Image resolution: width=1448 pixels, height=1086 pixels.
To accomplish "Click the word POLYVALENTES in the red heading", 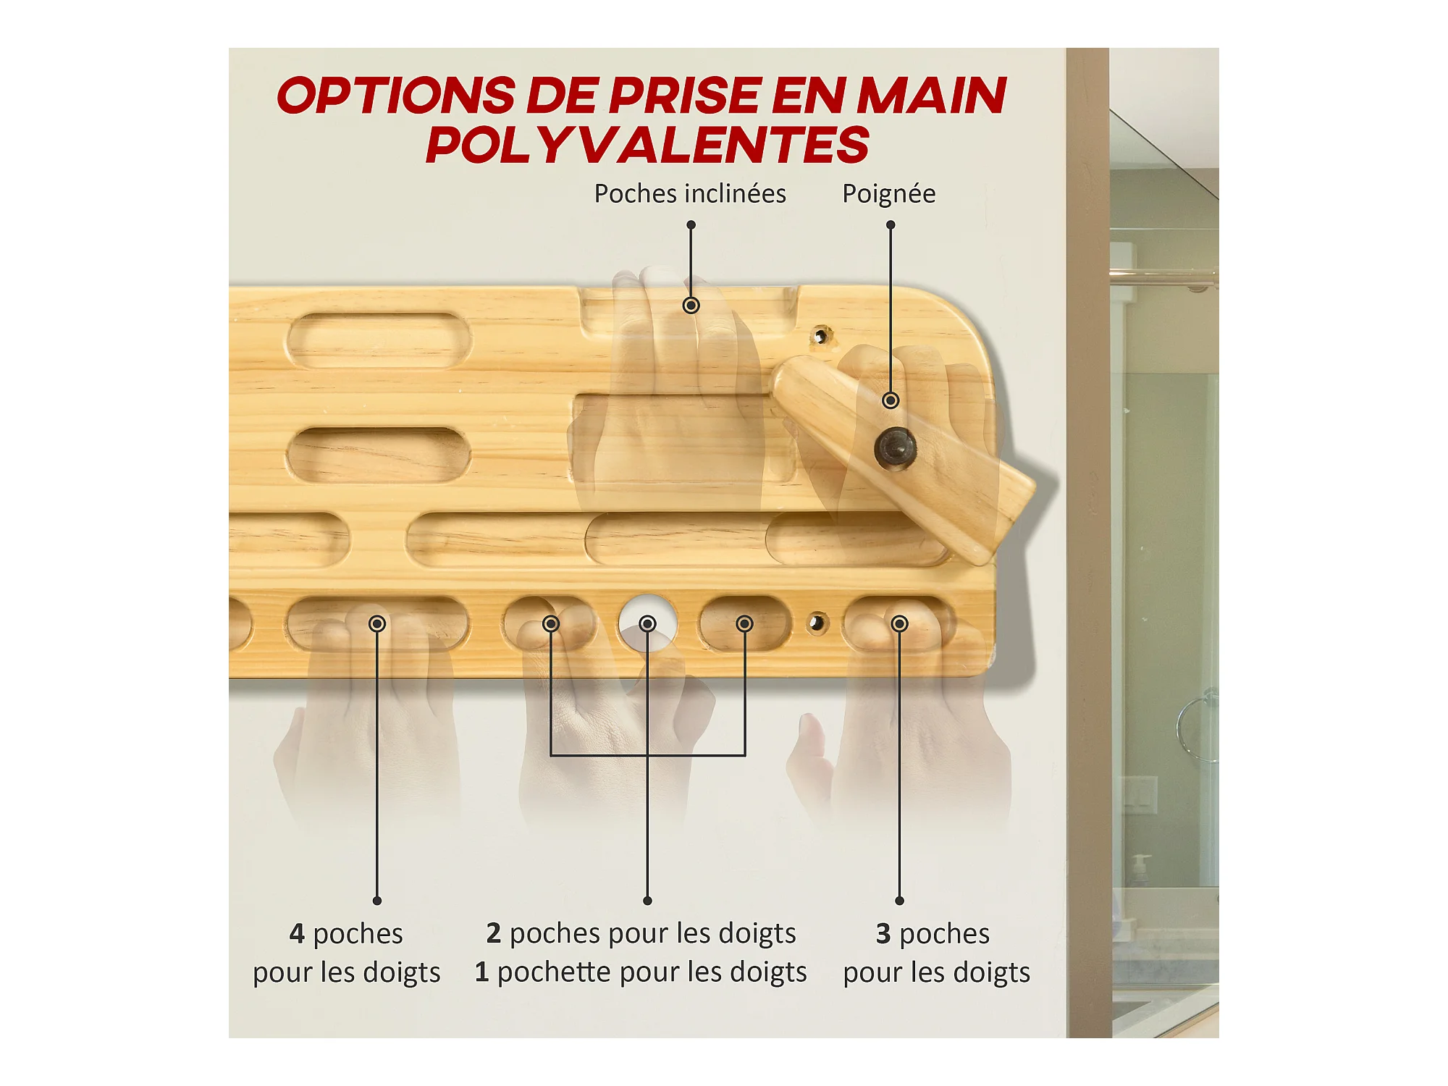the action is [647, 145].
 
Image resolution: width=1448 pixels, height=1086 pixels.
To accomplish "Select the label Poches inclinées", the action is [690, 194].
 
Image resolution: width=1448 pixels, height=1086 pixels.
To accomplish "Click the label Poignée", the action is [888, 194].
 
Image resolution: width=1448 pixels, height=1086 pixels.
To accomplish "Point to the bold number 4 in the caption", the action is [297, 933].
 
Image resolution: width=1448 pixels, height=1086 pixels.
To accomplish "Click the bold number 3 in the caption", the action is [883, 933].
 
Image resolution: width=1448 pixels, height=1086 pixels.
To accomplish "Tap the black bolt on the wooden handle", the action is [896, 448].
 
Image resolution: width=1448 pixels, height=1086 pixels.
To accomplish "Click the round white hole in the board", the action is [647, 623].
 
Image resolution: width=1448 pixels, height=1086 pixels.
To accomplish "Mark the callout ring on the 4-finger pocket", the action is [377, 623].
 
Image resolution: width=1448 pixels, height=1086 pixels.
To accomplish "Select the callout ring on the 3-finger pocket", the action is [899, 623].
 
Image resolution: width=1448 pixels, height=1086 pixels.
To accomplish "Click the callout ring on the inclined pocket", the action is [691, 306].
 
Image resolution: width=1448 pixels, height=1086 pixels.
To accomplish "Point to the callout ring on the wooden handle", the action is [891, 400].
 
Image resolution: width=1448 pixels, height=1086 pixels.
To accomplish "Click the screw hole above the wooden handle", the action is [820, 337].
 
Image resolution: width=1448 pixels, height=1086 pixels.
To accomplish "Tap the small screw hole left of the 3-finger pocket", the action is [817, 623].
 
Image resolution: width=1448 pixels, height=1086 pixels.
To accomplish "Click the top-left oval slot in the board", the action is [379, 340].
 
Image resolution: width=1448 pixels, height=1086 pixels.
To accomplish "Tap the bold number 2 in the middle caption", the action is [494, 933].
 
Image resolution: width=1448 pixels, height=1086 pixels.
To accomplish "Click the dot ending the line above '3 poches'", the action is [899, 901].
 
